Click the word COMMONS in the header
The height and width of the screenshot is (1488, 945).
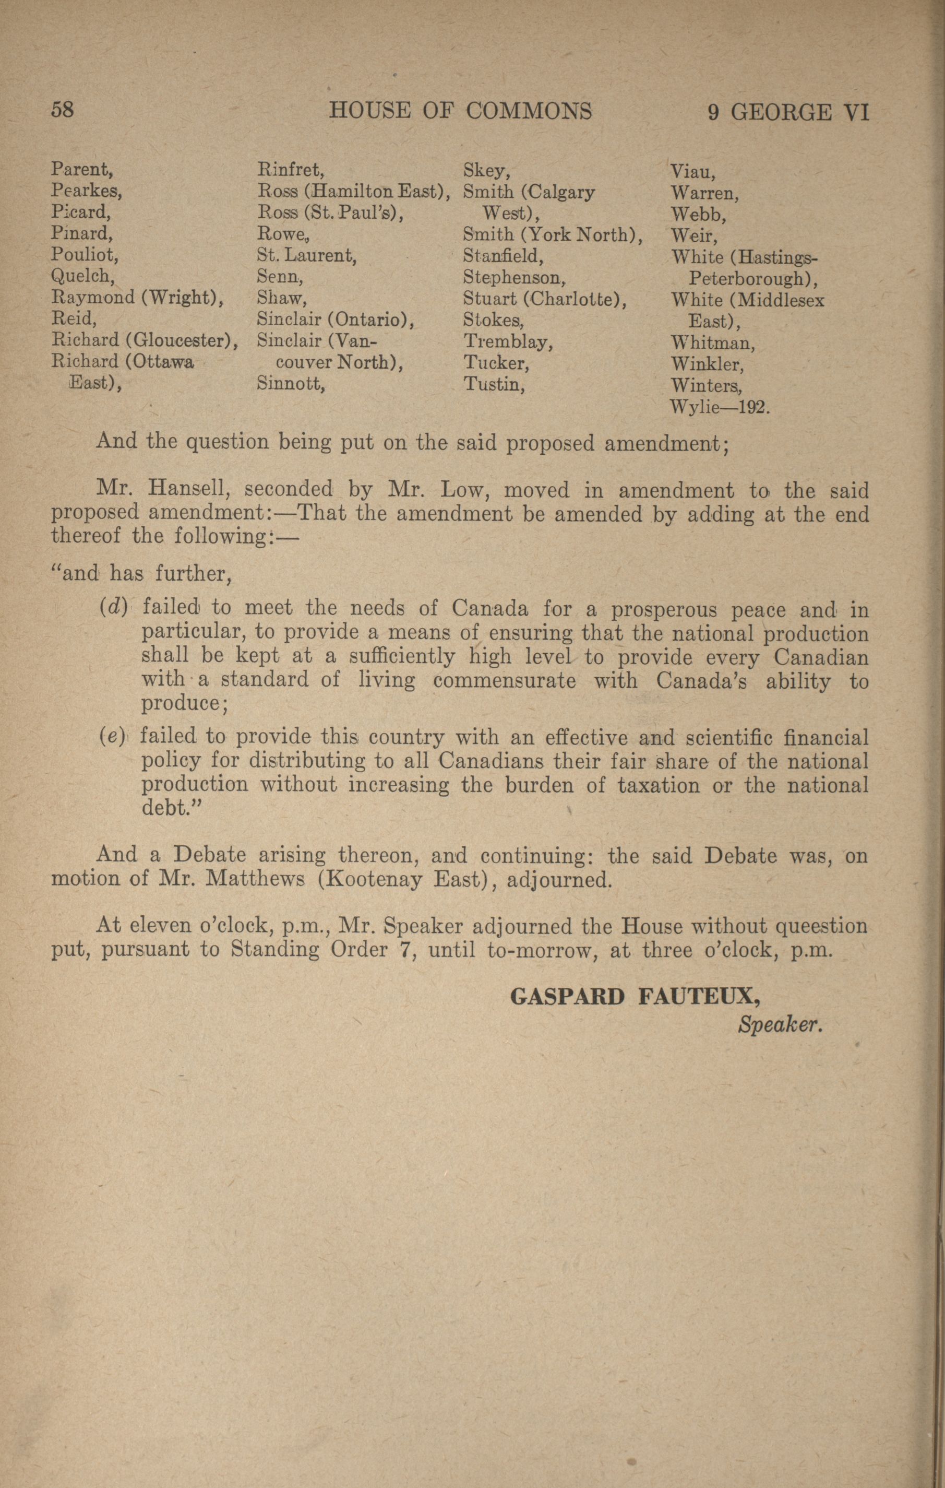click(x=528, y=111)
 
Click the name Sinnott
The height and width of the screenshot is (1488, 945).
click(x=290, y=384)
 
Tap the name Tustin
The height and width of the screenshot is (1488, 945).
click(x=494, y=384)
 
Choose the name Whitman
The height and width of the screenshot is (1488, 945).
click(x=712, y=343)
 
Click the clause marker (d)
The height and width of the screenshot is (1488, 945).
click(x=113, y=608)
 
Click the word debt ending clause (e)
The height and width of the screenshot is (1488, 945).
click(x=164, y=808)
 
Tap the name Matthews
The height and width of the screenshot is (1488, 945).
click(x=256, y=879)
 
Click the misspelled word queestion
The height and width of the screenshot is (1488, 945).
click(x=820, y=926)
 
